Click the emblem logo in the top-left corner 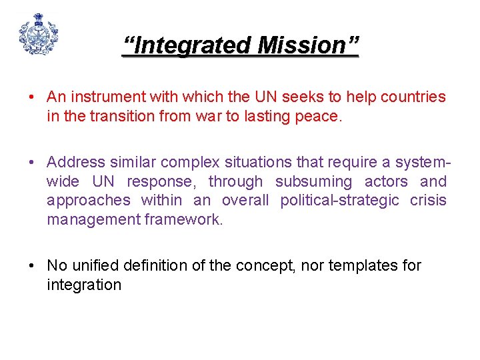coord(38,34)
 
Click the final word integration coord(84,285)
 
